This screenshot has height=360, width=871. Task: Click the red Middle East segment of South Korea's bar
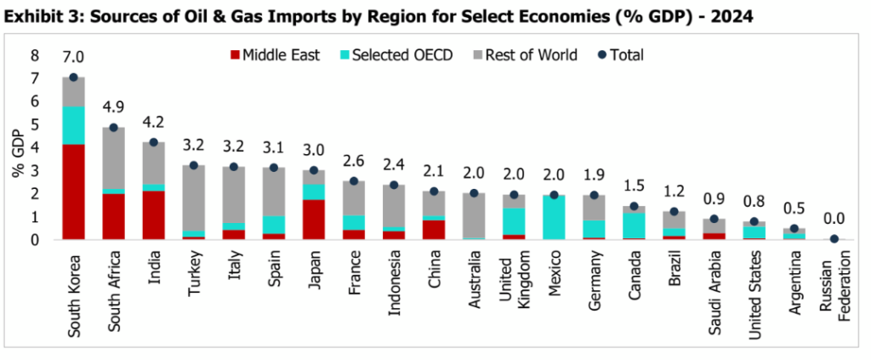pyautogui.click(x=73, y=192)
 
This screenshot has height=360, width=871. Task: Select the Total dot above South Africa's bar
pyautogui.click(x=113, y=128)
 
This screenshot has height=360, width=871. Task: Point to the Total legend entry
pyautogui.click(x=620, y=55)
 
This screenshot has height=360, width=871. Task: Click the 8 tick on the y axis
pyautogui.click(x=35, y=55)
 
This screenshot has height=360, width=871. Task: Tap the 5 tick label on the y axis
pyautogui.click(x=35, y=124)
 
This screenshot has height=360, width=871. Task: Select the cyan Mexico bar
pyautogui.click(x=554, y=218)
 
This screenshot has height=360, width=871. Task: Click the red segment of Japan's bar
pyautogui.click(x=313, y=220)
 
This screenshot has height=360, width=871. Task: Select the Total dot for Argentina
pyautogui.click(x=794, y=229)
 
